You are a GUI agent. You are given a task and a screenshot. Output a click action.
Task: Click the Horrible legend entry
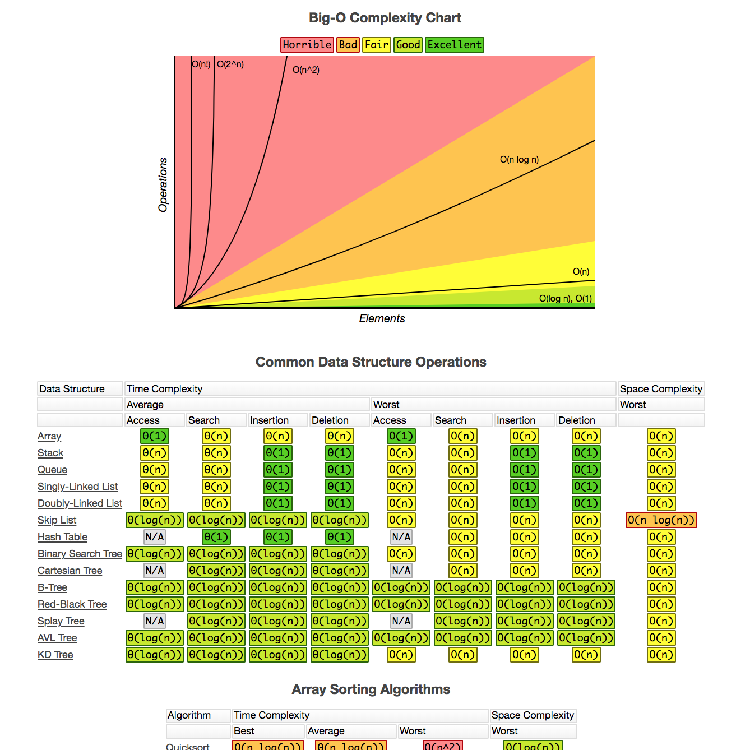tap(307, 45)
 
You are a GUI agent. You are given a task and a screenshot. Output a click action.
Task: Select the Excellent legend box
tap(454, 45)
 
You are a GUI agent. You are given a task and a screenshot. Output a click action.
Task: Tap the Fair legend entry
tap(376, 45)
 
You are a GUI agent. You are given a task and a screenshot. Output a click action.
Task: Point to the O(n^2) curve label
tap(306, 70)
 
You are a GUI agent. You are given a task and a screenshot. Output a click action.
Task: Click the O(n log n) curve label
tap(519, 160)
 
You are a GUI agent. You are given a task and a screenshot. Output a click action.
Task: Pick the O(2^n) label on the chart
tap(230, 64)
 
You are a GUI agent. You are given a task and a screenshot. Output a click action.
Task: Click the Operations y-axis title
tap(163, 185)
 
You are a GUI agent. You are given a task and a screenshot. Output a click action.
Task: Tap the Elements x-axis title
tap(382, 318)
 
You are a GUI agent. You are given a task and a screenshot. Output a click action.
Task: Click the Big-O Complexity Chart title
tap(385, 18)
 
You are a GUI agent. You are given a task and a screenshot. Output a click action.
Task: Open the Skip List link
tap(57, 520)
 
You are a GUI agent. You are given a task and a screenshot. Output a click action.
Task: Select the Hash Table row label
tap(62, 537)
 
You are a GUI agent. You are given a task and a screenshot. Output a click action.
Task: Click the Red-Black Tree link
tap(72, 604)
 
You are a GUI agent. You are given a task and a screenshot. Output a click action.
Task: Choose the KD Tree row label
tap(55, 655)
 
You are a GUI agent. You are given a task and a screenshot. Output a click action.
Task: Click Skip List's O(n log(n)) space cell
tap(661, 520)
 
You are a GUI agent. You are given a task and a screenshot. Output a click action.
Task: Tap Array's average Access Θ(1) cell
tap(154, 436)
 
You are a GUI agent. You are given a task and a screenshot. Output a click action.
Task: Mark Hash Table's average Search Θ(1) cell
tap(216, 537)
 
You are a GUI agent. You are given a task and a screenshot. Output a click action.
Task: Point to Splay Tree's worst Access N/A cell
tap(401, 621)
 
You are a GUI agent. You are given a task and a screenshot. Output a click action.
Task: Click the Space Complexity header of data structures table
tap(661, 389)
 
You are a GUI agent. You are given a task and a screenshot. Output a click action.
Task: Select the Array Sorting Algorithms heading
tap(371, 689)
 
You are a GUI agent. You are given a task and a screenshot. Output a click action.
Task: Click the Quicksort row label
tap(187, 746)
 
